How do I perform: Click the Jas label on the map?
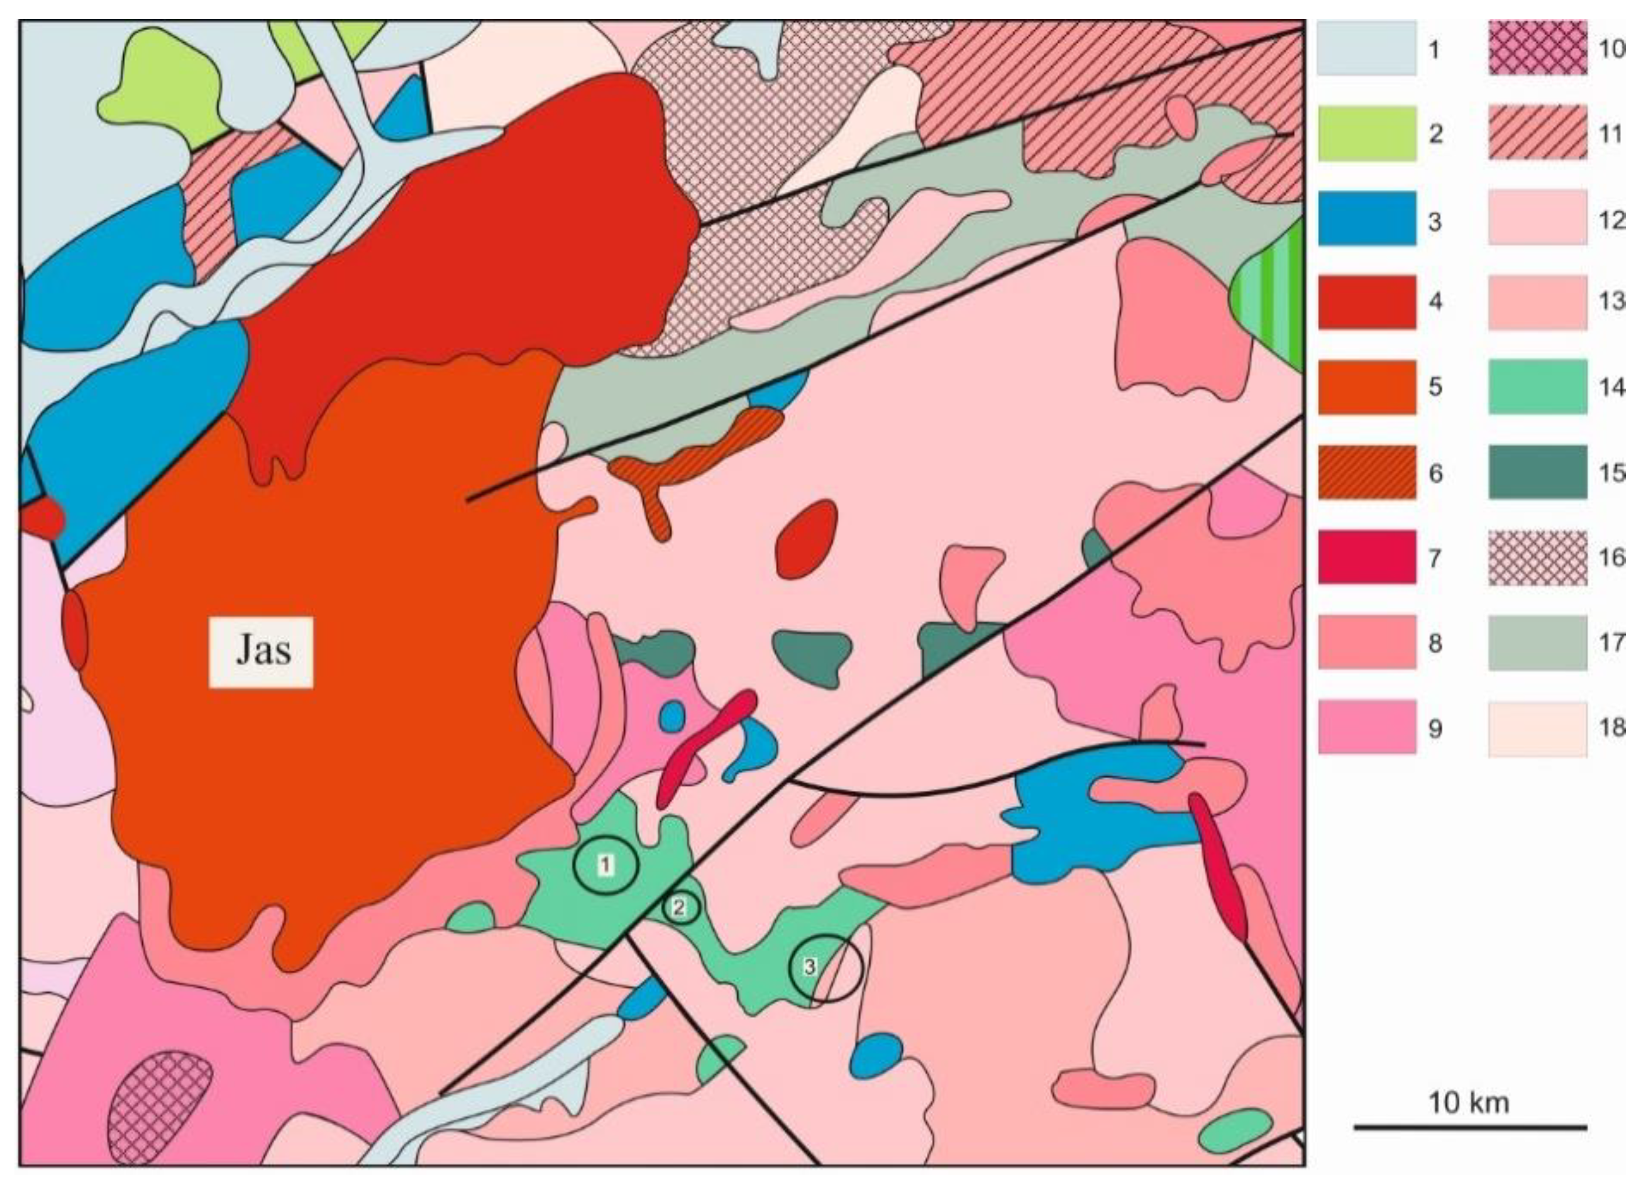tap(262, 651)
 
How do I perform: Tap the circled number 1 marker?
tap(605, 865)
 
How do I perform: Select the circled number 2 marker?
tap(680, 906)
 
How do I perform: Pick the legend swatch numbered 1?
tap(1366, 48)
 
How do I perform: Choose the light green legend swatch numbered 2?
tap(1366, 133)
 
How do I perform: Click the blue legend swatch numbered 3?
tap(1366, 219)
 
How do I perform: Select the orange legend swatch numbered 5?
tap(1366, 387)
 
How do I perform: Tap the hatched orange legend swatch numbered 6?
tap(1366, 473)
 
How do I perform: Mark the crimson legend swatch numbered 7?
tap(1366, 557)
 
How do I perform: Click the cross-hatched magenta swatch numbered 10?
tap(1537, 48)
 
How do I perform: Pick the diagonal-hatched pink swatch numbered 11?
tap(1537, 133)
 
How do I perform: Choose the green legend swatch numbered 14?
tap(1537, 387)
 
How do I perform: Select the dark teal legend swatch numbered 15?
tap(1537, 473)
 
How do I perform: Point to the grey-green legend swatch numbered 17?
tap(1537, 642)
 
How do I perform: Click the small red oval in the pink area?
tap(806, 540)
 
